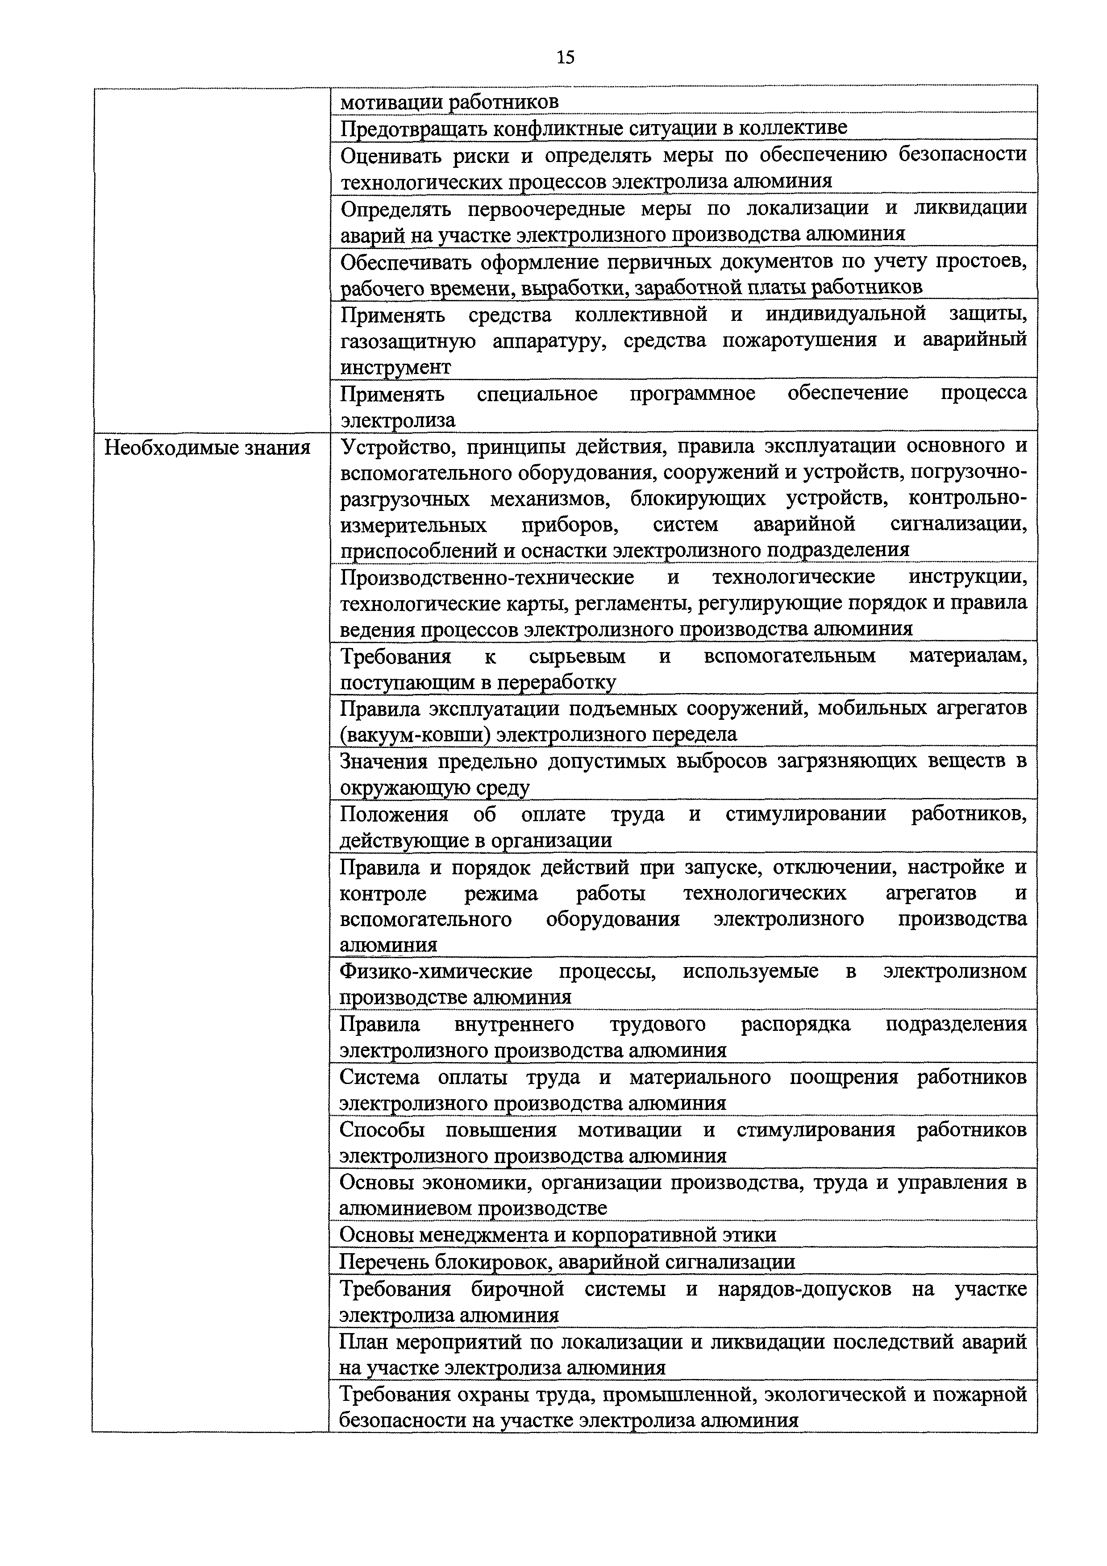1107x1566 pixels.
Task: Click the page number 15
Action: pos(566,57)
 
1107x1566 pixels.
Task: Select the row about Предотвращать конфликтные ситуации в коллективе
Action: pos(593,128)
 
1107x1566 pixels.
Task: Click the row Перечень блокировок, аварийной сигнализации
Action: pos(567,1262)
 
